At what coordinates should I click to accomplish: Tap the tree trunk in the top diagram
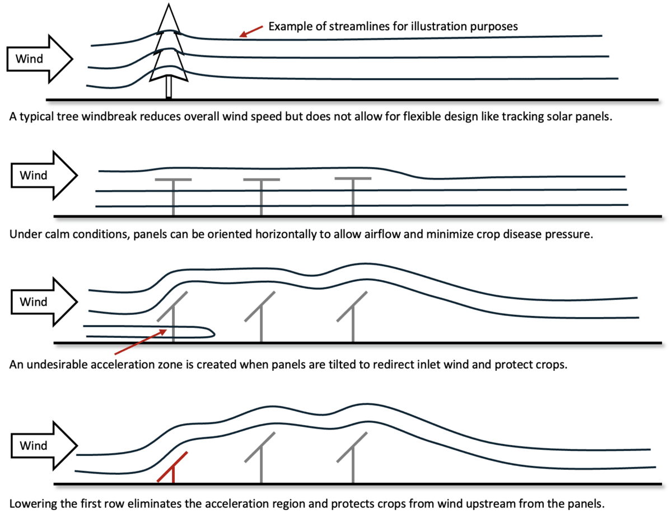(x=169, y=88)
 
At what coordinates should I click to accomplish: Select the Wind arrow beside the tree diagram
(x=40, y=58)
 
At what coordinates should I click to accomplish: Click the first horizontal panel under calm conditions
(x=173, y=180)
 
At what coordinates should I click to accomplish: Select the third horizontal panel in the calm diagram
(x=353, y=179)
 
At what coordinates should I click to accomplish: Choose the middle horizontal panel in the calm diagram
(x=262, y=180)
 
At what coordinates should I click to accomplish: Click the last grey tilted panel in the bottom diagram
(x=352, y=447)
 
